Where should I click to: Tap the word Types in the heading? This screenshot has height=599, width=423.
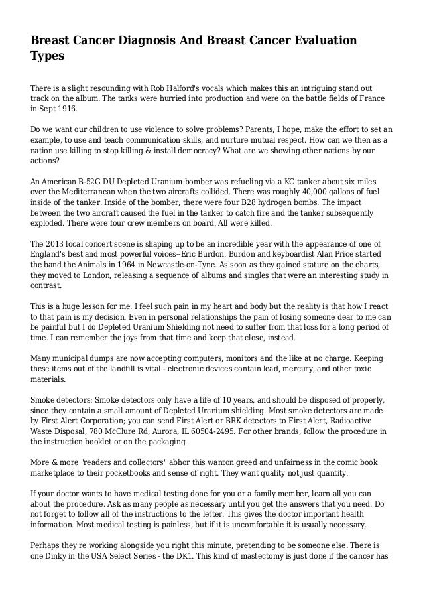click(x=48, y=57)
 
